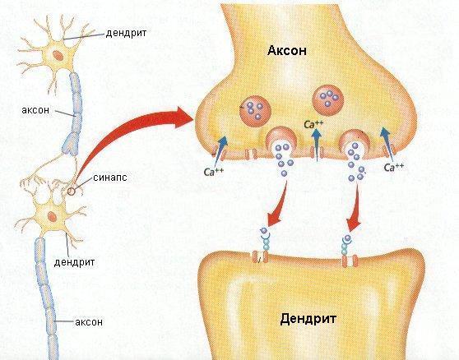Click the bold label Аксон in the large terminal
click(x=287, y=51)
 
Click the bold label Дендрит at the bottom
click(x=308, y=319)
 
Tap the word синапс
click(x=110, y=178)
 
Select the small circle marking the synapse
click(x=71, y=192)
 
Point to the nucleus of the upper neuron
click(x=58, y=55)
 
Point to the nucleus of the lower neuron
click(x=53, y=217)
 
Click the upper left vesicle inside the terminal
click(x=255, y=110)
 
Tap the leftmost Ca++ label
click(x=213, y=172)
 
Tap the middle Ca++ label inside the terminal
click(x=313, y=125)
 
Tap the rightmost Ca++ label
click(x=394, y=168)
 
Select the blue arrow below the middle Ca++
click(x=317, y=145)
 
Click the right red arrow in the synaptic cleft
click(x=355, y=206)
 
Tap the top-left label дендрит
click(x=126, y=33)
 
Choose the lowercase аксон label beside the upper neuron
click(x=35, y=110)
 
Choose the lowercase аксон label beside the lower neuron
click(x=89, y=322)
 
